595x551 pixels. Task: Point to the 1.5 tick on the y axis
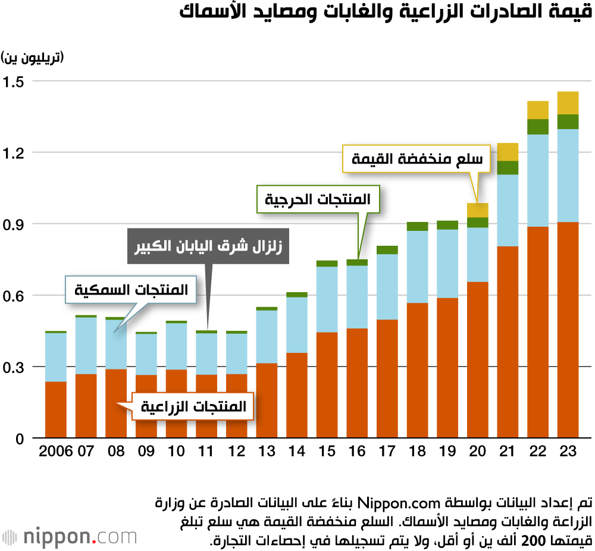coord(14,82)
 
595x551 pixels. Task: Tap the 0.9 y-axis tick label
coord(14,224)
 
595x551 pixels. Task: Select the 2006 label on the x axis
coord(55,452)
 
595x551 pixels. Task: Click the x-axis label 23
coord(568,452)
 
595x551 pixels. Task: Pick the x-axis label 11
coord(206,452)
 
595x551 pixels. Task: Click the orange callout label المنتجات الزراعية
coord(193,407)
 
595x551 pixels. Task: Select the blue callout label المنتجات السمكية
coord(132,290)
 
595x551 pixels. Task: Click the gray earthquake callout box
coord(208,245)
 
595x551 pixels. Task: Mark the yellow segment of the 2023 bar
coord(568,102)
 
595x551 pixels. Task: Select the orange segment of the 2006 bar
coord(55,409)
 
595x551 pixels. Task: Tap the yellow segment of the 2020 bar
coord(477,210)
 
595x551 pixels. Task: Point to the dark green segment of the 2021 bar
coord(508,168)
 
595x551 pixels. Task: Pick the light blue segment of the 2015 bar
coord(327,299)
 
